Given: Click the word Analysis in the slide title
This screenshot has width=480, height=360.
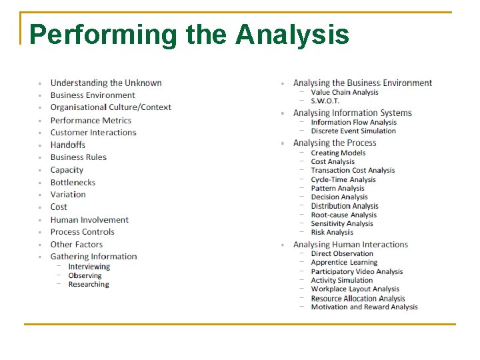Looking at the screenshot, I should [x=292, y=34].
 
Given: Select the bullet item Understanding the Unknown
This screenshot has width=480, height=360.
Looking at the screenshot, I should [x=106, y=83].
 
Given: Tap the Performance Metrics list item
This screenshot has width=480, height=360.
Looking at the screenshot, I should [x=91, y=121].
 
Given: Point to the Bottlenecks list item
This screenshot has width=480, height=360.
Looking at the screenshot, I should [x=73, y=182].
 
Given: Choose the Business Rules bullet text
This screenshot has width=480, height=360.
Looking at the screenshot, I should [x=78, y=157].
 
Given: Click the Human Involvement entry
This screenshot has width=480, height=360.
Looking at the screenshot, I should [x=89, y=219].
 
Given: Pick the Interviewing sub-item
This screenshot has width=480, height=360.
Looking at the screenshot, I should [x=89, y=267].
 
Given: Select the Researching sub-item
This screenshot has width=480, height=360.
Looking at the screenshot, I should [x=88, y=284].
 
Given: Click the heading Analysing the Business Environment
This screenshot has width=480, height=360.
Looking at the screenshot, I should [x=363, y=83].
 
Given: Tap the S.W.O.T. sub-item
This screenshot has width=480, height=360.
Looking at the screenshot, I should [x=325, y=101].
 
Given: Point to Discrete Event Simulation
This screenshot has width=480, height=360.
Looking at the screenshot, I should [x=353, y=131].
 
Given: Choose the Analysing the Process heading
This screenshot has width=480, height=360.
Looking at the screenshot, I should [x=335, y=143].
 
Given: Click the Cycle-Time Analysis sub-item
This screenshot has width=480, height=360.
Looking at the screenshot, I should [x=343, y=179].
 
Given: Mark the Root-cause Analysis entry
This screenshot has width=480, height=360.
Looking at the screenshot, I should [x=343, y=215].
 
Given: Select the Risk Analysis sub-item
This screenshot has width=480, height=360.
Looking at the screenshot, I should [x=331, y=232].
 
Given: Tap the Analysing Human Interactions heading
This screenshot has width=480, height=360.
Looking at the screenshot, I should [x=350, y=245].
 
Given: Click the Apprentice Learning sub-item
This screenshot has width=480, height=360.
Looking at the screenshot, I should [x=344, y=263].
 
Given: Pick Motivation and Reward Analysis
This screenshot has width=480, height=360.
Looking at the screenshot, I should [x=364, y=307].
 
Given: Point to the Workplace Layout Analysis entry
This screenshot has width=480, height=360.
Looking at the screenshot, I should [x=355, y=289].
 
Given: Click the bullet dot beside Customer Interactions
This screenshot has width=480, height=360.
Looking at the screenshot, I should [x=41, y=133].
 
